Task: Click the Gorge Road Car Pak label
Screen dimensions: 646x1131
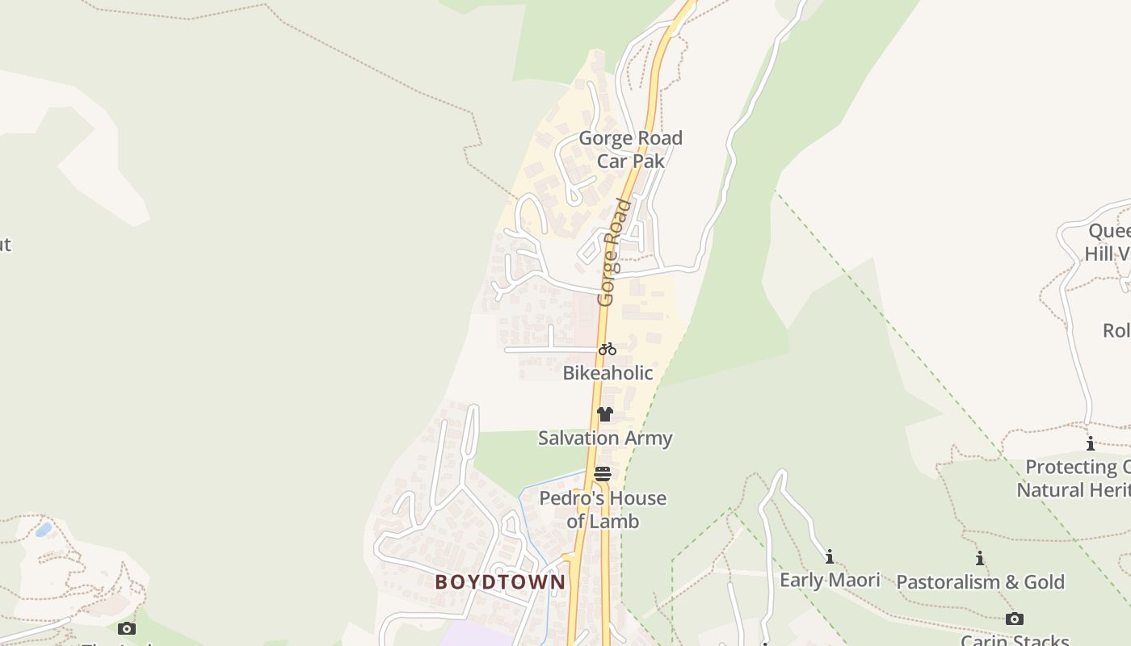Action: click(x=630, y=149)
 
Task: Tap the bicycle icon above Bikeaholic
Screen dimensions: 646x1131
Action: click(x=608, y=350)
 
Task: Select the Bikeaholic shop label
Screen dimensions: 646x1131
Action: click(x=608, y=373)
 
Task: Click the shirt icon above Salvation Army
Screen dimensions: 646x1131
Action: click(x=604, y=414)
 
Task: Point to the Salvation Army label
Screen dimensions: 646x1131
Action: click(x=605, y=438)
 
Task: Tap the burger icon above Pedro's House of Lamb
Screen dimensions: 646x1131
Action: click(x=603, y=474)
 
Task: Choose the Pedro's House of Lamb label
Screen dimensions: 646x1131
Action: click(x=603, y=510)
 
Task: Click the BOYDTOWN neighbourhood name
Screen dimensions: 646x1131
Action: click(x=500, y=582)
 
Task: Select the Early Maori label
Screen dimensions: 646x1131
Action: click(x=829, y=580)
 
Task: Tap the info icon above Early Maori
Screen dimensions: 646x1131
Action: click(x=829, y=556)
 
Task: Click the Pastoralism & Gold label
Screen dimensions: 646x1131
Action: click(x=980, y=582)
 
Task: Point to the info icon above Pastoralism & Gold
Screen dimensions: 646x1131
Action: click(x=980, y=558)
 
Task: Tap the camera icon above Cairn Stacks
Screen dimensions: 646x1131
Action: click(x=1015, y=619)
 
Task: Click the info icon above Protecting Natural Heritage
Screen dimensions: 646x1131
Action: click(x=1090, y=443)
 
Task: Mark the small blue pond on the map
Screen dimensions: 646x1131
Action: click(x=44, y=530)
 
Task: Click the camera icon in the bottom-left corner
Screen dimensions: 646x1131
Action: click(x=126, y=628)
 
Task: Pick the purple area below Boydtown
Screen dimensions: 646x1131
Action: click(x=477, y=633)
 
